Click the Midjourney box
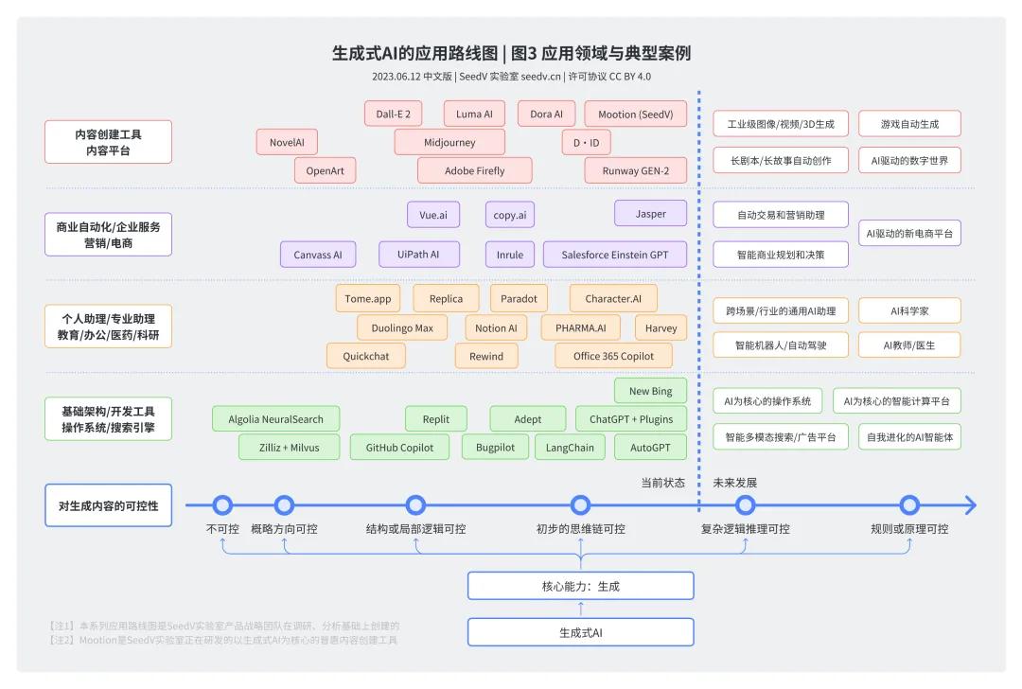[449, 142]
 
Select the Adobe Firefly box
[474, 170]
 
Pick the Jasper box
[650, 214]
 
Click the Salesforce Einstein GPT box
[614, 255]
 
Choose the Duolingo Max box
[402, 327]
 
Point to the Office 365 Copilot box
[613, 356]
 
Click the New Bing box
[650, 391]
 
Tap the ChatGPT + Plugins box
[631, 418]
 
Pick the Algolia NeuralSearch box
[275, 418]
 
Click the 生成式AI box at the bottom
[580, 632]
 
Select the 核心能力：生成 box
[580, 586]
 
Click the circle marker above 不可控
[222, 505]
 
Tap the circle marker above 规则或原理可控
[909, 505]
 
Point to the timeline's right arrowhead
[969, 505]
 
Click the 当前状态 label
[662, 483]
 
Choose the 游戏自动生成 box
[909, 123]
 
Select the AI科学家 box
[909, 310]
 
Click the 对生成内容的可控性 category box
[108, 505]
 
